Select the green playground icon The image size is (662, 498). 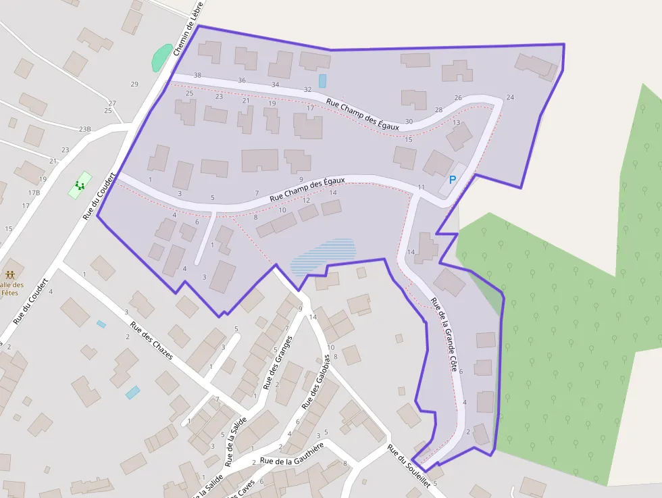point(80,184)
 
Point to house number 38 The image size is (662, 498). point(197,75)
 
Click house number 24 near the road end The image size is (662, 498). point(510,97)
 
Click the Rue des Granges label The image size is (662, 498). point(277,362)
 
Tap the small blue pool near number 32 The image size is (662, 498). point(322,80)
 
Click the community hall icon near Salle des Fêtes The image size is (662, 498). point(10,275)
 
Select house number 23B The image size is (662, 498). point(84,129)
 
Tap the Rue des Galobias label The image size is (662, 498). point(315,382)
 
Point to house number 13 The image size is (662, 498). point(456,123)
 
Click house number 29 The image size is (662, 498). point(134,84)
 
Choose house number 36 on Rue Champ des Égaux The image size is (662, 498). point(242,80)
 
